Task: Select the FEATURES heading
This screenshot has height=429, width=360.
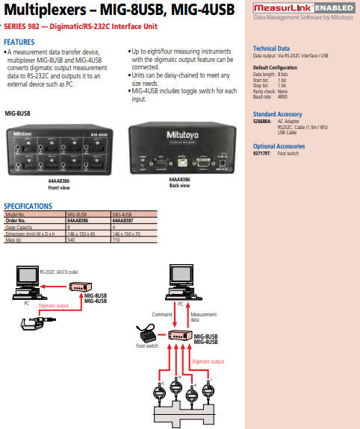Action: pyautogui.click(x=19, y=42)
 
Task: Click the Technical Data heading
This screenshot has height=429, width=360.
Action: pyautogui.click(x=271, y=48)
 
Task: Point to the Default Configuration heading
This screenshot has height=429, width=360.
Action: pyautogui.click(x=276, y=66)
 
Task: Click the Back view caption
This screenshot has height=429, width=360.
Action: pyautogui.click(x=179, y=185)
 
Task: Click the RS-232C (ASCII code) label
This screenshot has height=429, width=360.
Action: pyautogui.click(x=61, y=273)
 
